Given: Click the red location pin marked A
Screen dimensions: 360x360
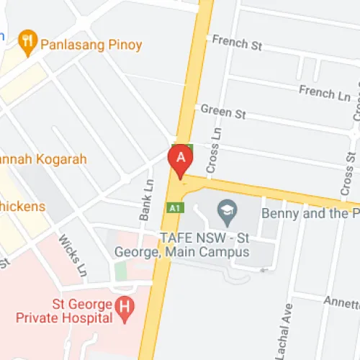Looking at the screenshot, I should click(x=180, y=161).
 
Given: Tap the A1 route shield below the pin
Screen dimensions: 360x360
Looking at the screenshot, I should click(x=173, y=208).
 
